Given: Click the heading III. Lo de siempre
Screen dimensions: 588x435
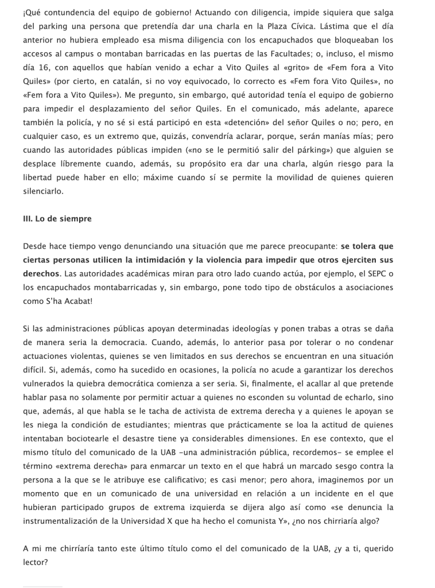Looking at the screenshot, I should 57,219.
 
